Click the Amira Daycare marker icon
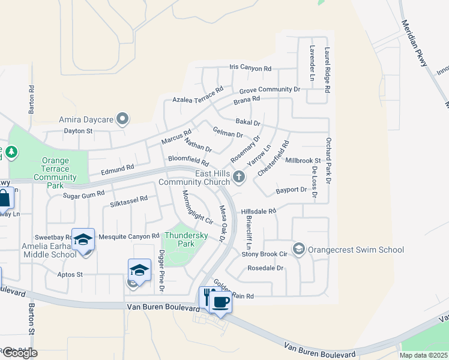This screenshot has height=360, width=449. (x=122, y=119)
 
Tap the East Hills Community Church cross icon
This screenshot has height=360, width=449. (x=239, y=176)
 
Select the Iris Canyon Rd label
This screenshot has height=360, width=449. (x=250, y=68)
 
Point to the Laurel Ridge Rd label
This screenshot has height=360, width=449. (x=327, y=70)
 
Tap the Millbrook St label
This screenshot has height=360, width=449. (x=303, y=161)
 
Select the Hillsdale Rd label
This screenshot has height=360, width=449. (x=258, y=211)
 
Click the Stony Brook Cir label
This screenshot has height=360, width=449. (x=265, y=254)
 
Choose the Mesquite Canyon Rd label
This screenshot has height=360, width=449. (x=129, y=236)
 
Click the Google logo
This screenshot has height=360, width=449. (x=19, y=352)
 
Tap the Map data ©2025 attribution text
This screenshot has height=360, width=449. (x=423, y=355)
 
